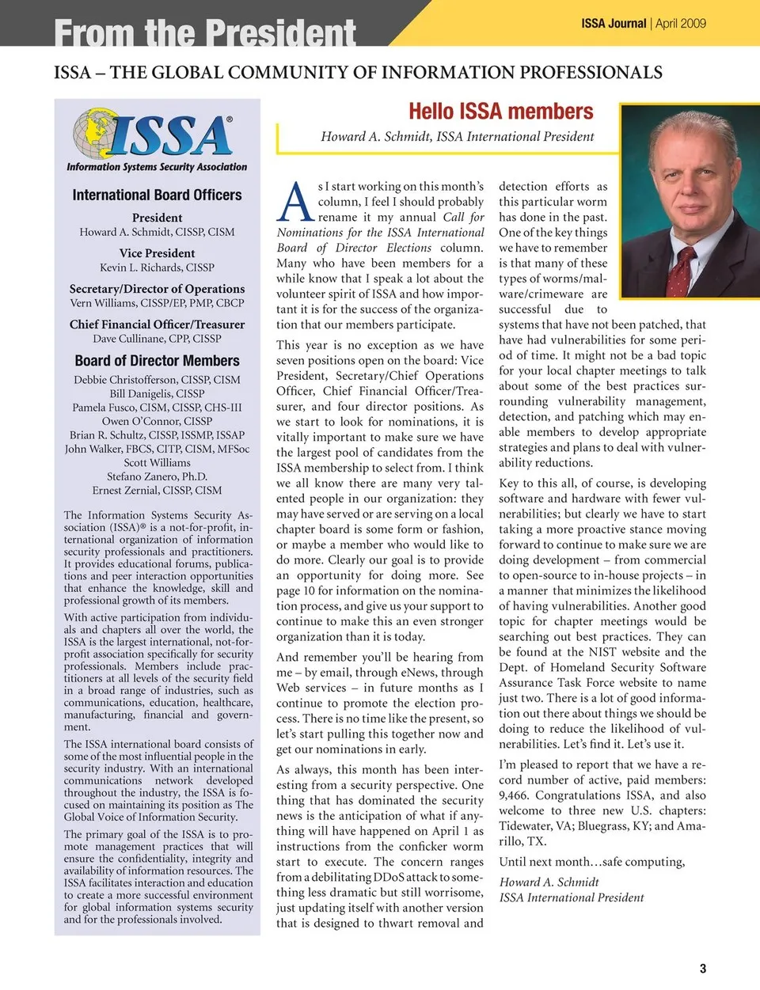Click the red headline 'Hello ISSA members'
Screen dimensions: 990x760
[500, 112]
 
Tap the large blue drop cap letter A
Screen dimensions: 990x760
[295, 203]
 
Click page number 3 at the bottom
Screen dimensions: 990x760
[702, 968]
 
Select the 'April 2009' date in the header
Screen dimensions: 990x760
[681, 24]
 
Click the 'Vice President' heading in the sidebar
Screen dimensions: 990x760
[157, 253]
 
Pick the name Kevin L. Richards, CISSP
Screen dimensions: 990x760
[157, 267]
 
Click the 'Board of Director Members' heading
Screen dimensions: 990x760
[157, 361]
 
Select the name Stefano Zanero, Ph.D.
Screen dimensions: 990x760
[157, 476]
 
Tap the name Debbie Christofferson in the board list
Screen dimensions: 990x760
[157, 380]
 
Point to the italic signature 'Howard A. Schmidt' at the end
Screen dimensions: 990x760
[549, 882]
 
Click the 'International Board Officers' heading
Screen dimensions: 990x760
[157, 195]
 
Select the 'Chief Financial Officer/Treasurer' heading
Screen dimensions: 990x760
[157, 324]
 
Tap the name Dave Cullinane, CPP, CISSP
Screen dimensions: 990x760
[157, 339]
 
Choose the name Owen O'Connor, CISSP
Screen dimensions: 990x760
[157, 421]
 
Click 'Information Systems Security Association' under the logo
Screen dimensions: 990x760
[157, 167]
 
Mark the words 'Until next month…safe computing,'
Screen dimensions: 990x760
[591, 862]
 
